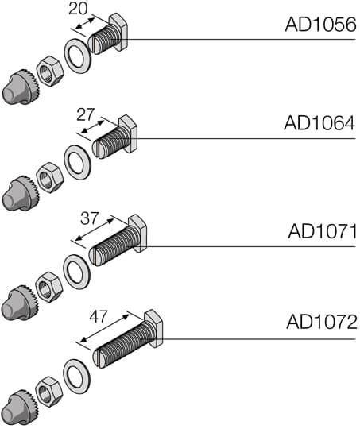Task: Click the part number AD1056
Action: point(319,25)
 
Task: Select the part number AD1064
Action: point(319,123)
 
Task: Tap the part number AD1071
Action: point(322,231)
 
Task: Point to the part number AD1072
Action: point(322,323)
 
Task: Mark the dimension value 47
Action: point(98,315)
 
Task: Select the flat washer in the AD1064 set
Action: point(77,162)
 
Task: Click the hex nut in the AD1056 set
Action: point(50,71)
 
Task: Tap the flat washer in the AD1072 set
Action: point(77,375)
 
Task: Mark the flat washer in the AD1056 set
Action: point(77,58)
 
